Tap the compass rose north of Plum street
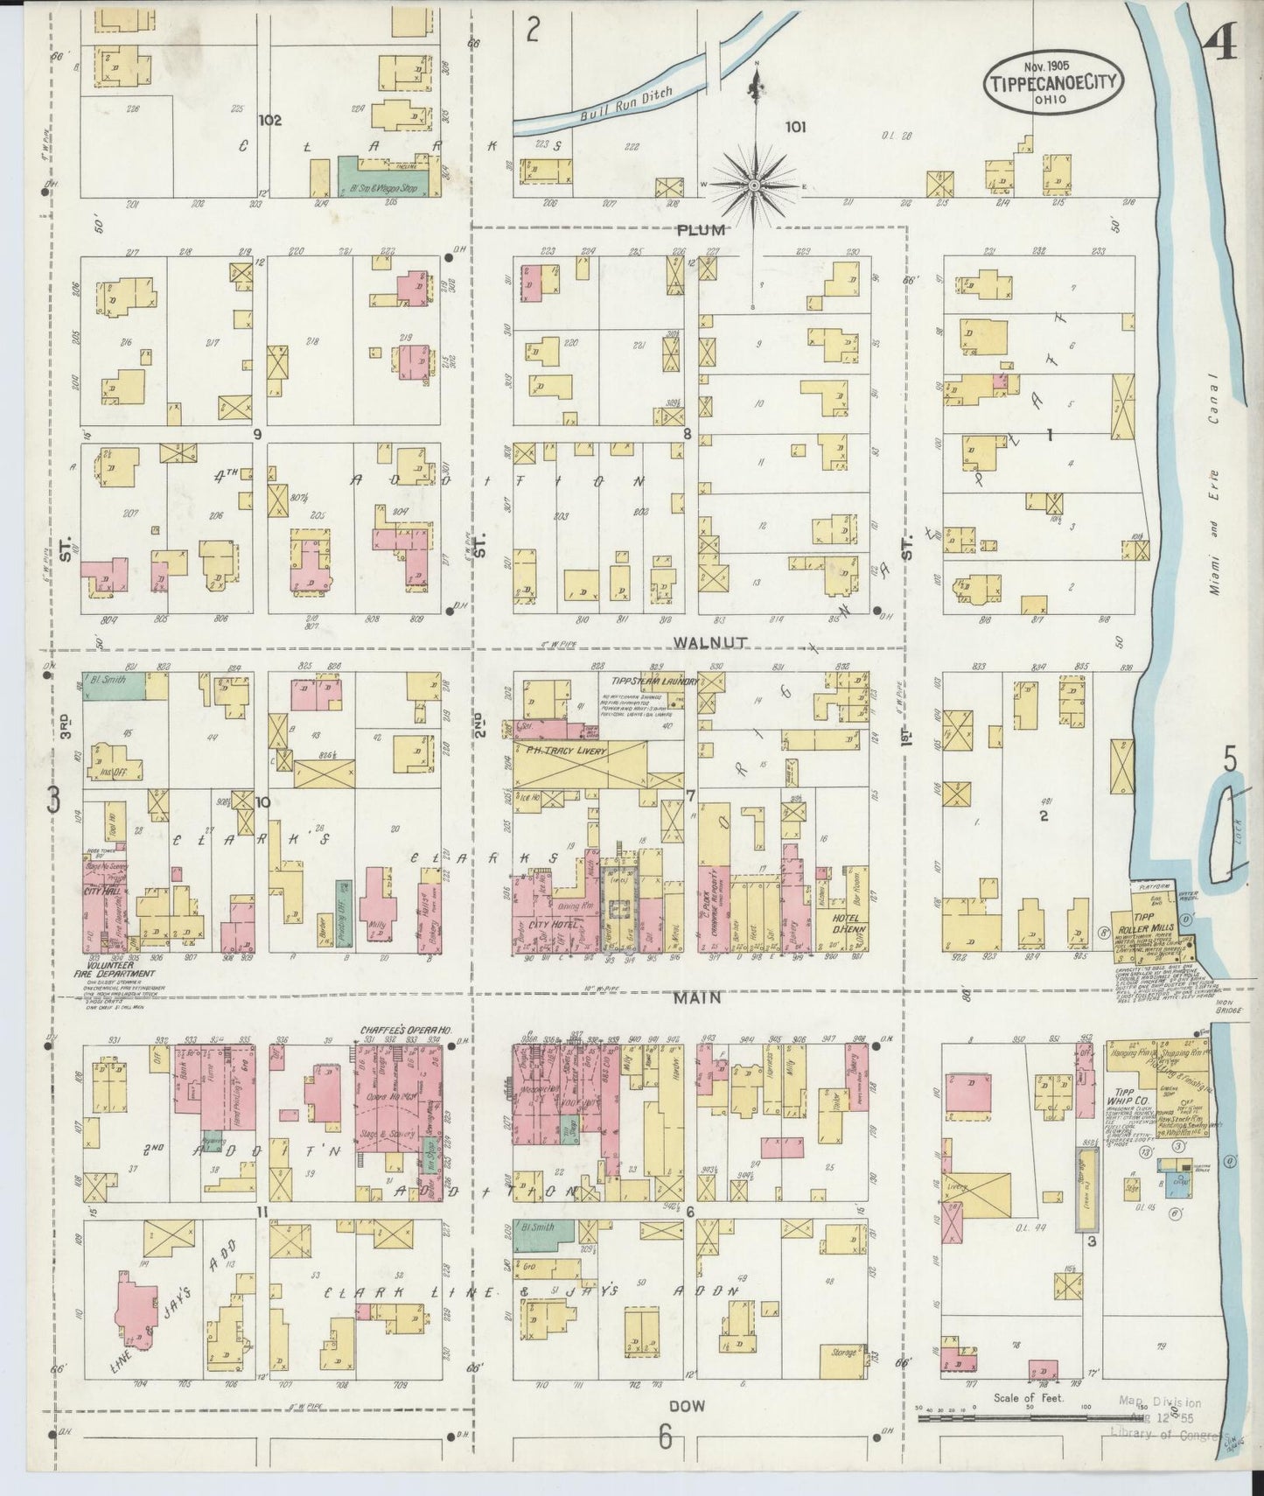(x=754, y=185)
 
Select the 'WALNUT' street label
(x=709, y=641)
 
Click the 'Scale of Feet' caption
(x=1028, y=1423)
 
